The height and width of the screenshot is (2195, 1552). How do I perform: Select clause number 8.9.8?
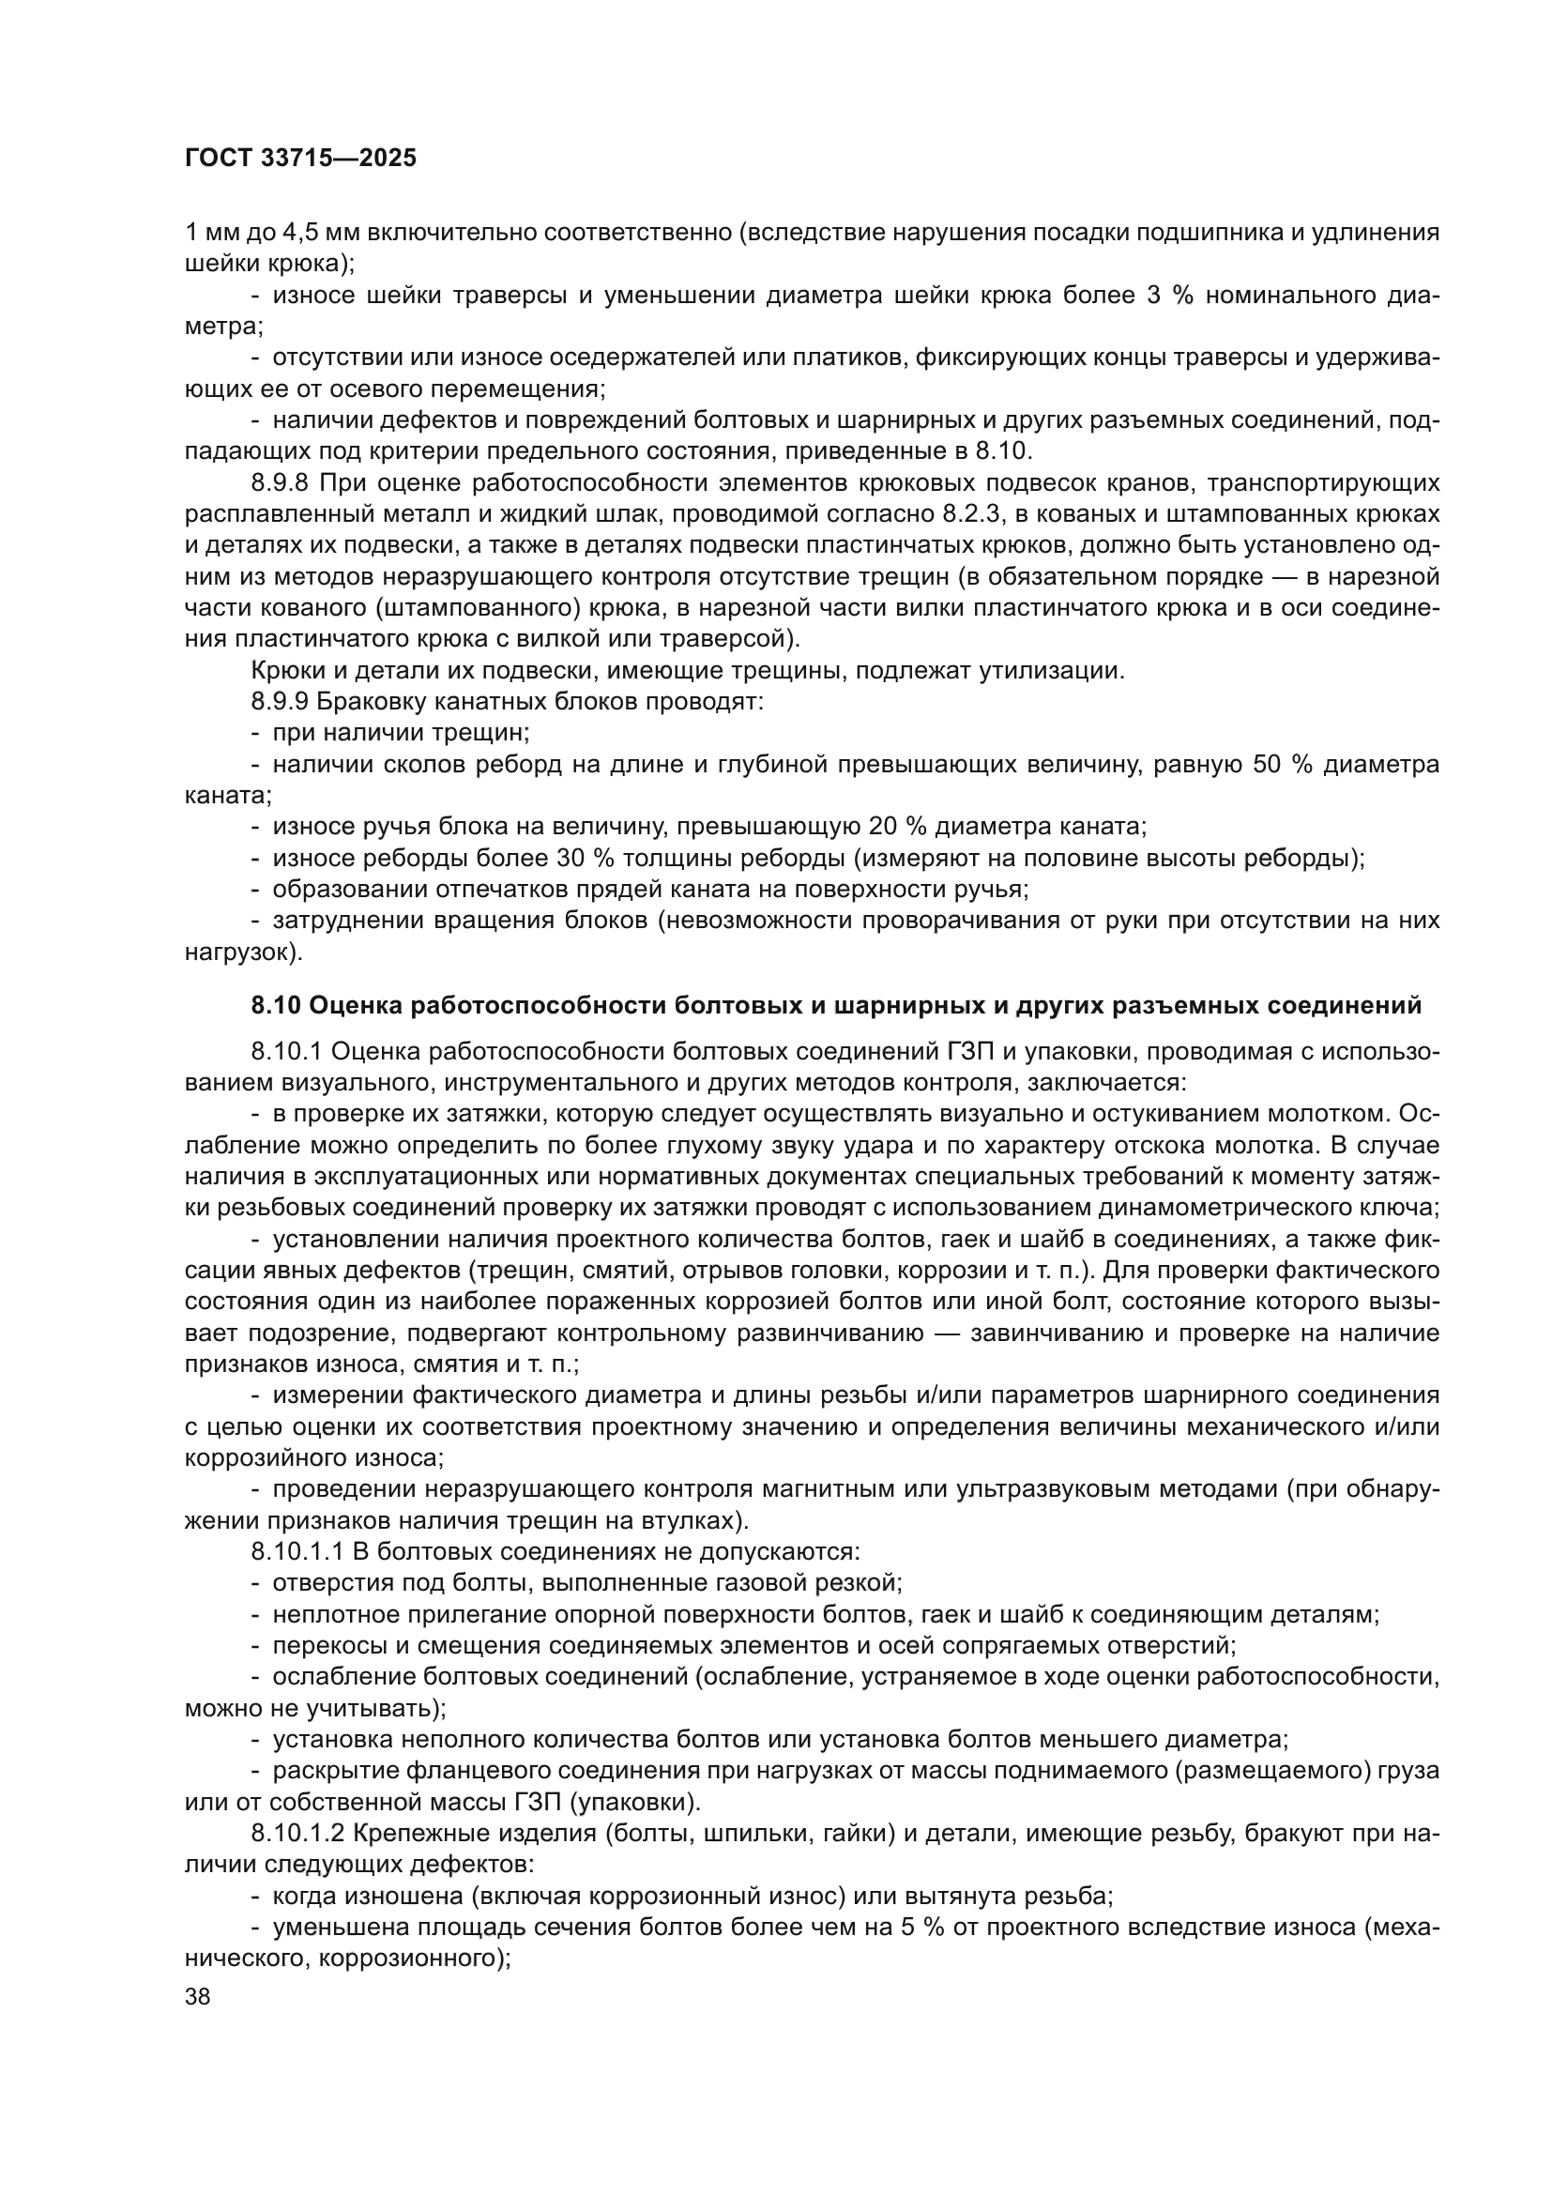(x=285, y=482)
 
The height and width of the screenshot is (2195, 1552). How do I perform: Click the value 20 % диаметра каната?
(x=901, y=826)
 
